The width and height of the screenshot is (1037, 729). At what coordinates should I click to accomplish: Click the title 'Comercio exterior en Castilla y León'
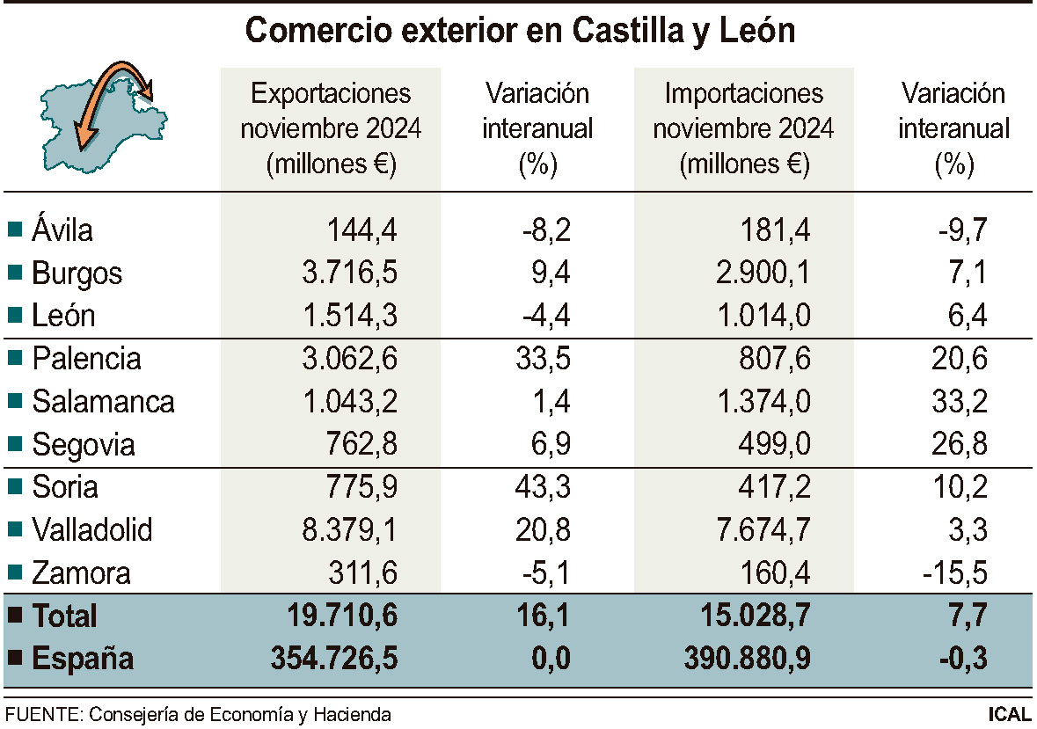(519, 32)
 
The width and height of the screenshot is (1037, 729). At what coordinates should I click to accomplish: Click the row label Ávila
(62, 230)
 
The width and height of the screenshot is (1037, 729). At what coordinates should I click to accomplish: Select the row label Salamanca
(103, 402)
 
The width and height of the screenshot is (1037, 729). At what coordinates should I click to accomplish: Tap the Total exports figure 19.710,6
(342, 616)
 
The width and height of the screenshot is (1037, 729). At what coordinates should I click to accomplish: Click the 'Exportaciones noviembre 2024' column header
(331, 128)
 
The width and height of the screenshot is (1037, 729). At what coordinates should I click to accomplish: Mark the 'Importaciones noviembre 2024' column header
(743, 128)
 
